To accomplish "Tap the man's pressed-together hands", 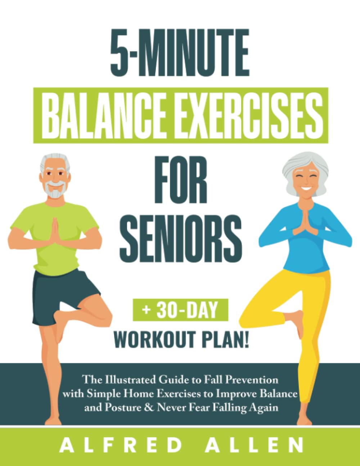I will pos(55,230).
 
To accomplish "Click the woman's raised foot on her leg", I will pos(297,321).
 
